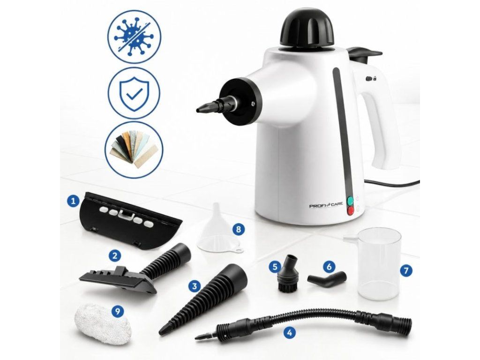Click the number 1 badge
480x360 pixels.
(73, 201)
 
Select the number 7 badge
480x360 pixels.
(406, 270)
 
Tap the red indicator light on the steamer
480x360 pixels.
(351, 210)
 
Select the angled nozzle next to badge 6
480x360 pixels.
(327, 278)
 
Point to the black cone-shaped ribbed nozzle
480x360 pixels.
(203, 299)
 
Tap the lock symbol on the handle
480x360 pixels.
(375, 79)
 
